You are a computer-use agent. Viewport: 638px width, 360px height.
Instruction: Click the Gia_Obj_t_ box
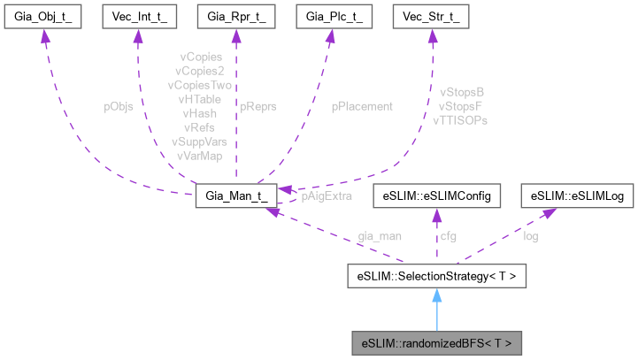[x=42, y=17]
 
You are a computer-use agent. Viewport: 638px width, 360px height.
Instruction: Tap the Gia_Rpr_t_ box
[x=236, y=17]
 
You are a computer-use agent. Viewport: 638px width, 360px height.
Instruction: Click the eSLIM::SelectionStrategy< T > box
[x=437, y=277]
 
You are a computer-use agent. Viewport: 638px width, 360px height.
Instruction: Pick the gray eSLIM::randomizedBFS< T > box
[x=437, y=341]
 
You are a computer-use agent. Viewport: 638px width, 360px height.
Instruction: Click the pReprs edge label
[x=258, y=106]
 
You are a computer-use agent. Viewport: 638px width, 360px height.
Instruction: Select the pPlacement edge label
[x=362, y=106]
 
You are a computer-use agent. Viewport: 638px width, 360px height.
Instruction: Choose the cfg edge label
[x=450, y=236]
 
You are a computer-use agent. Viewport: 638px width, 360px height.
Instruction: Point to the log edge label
[x=530, y=236]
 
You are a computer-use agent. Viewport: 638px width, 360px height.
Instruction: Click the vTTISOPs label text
[x=460, y=119]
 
